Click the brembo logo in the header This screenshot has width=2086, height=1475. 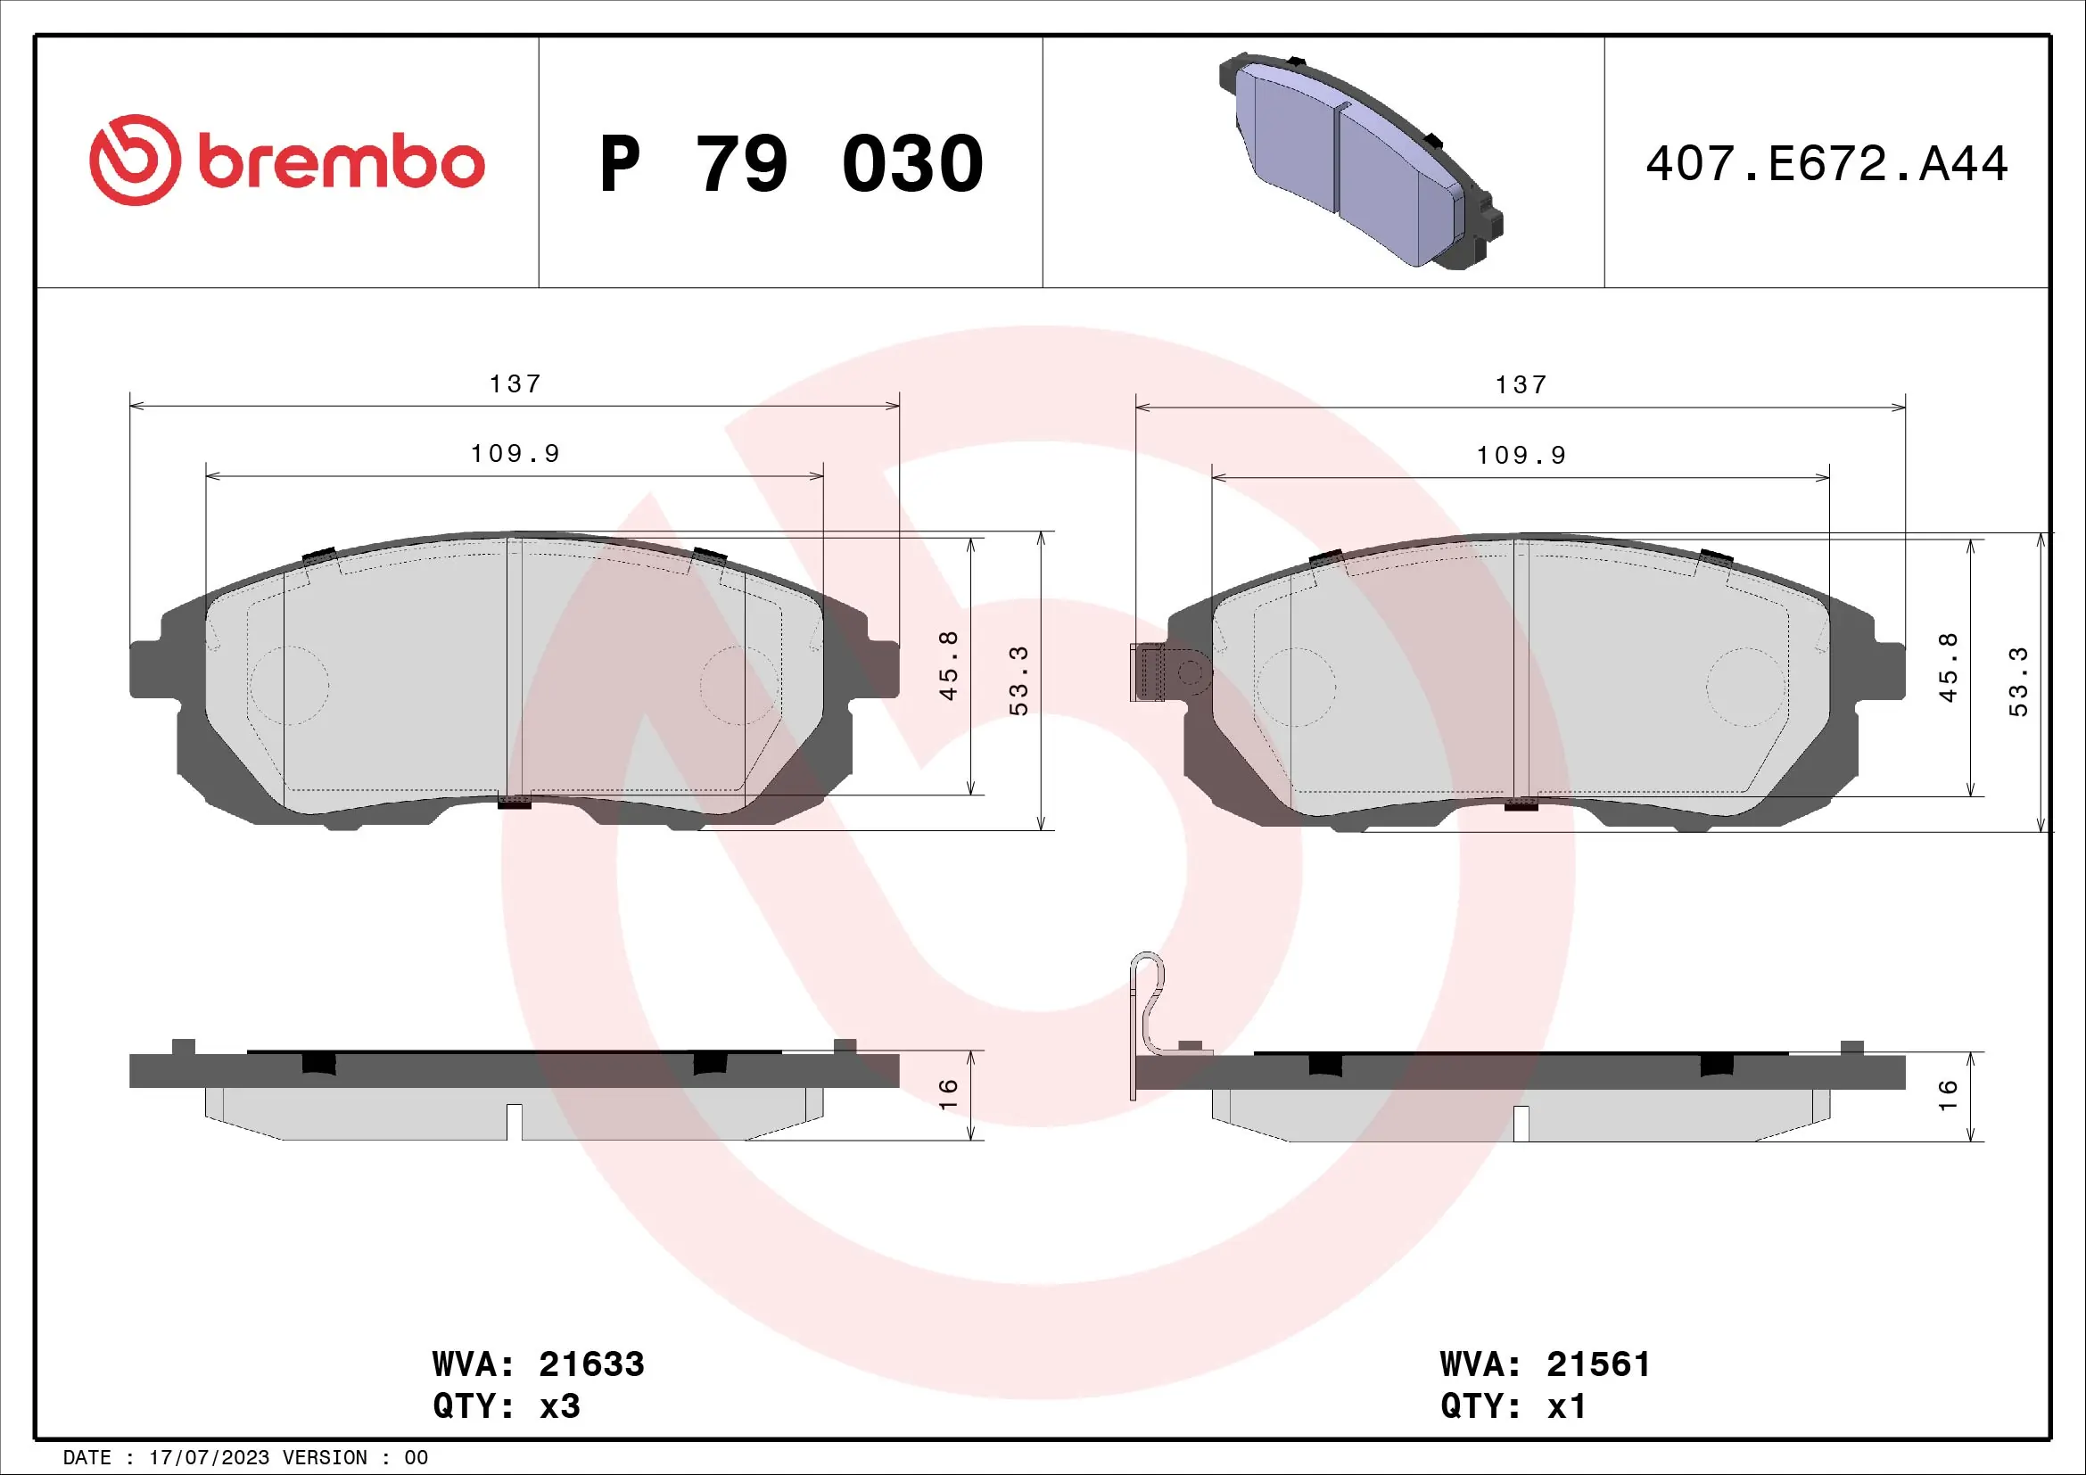[x=286, y=161]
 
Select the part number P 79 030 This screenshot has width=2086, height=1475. [x=791, y=164]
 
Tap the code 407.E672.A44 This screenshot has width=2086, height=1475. [x=1826, y=164]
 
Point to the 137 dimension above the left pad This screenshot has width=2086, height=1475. [x=515, y=384]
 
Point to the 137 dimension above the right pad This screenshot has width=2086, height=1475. [x=1521, y=385]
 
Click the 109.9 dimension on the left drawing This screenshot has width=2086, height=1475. [x=515, y=453]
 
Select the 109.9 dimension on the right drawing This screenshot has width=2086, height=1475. [x=1521, y=455]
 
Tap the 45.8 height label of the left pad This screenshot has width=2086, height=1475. [x=948, y=665]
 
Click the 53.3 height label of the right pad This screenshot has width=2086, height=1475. [x=2018, y=681]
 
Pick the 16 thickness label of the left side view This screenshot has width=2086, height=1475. [x=948, y=1093]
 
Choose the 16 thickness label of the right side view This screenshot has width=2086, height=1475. [x=1947, y=1094]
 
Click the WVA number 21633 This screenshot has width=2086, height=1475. [x=591, y=1364]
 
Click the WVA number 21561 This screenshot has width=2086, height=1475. [x=1598, y=1364]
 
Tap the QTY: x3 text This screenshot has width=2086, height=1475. [x=506, y=1406]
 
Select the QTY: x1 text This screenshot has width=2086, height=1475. [x=1513, y=1406]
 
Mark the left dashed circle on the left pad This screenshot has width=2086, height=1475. [x=290, y=685]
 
